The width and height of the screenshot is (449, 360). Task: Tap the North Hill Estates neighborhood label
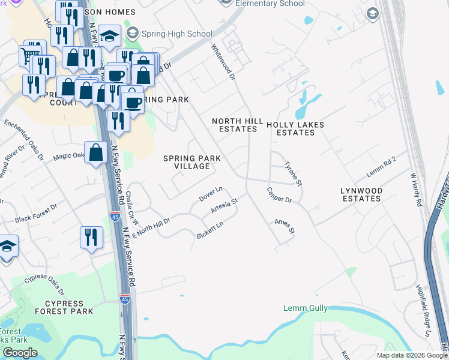coord(238,125)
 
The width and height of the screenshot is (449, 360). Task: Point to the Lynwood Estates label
coord(361,194)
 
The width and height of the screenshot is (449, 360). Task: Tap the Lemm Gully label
coord(306,308)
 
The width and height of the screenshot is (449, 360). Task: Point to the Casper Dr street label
coord(279,195)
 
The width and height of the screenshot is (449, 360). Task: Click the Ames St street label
coord(285,226)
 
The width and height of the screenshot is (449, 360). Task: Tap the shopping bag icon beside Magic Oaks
coord(96,152)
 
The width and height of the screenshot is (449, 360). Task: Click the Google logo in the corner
coord(20,353)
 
